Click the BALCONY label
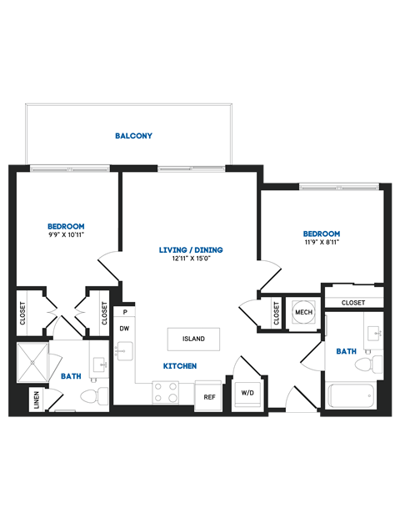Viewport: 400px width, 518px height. point(133,135)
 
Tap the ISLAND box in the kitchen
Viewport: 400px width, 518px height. point(193,339)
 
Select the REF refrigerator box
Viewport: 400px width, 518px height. point(208,395)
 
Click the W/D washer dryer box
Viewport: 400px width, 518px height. point(247,393)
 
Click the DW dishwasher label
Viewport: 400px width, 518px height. point(123,329)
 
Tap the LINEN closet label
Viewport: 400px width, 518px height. point(36,399)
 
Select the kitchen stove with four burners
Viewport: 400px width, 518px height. point(165,392)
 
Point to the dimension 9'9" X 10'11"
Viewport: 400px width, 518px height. point(66,235)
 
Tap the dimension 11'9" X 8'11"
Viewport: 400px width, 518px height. point(321,242)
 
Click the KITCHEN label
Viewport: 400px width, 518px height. point(179,366)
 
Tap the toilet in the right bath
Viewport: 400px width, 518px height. point(367,364)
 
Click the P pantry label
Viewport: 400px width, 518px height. point(124,312)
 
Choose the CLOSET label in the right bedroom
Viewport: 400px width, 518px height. point(353,303)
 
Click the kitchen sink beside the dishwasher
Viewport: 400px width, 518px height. point(123,354)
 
